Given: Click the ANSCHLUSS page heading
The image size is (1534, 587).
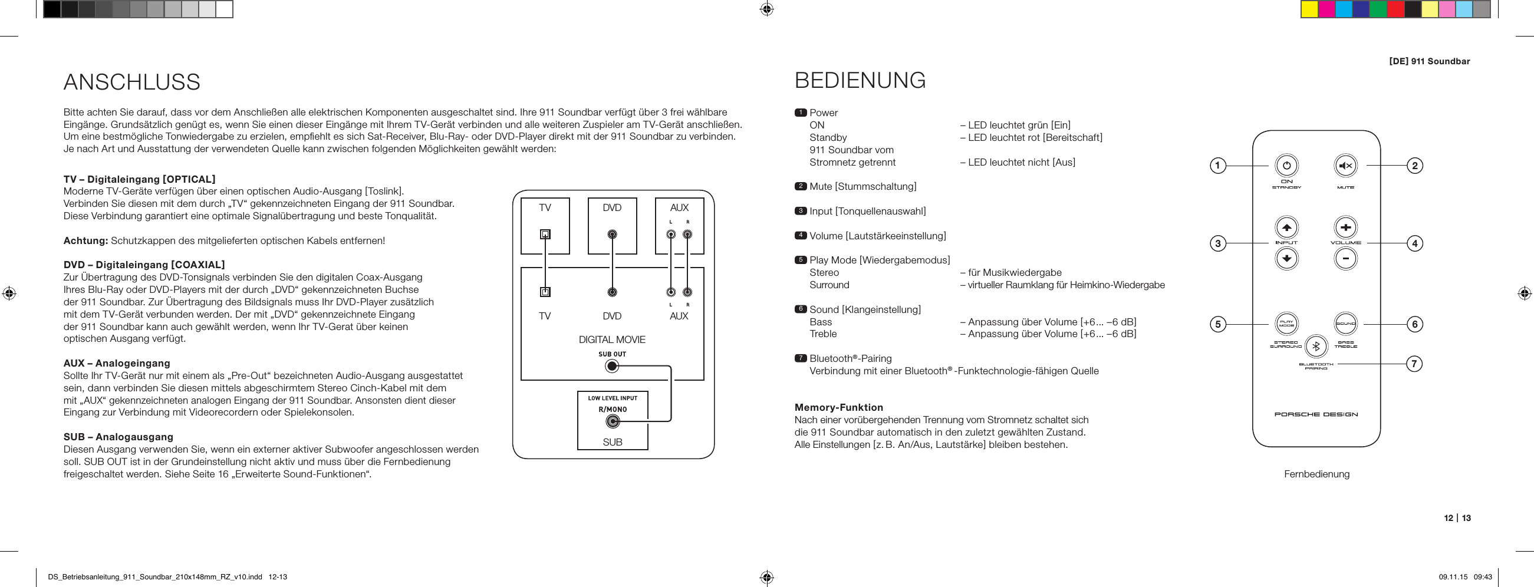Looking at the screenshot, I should pyautogui.click(x=131, y=82).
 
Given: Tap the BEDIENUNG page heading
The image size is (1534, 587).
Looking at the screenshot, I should pyautogui.click(x=860, y=80).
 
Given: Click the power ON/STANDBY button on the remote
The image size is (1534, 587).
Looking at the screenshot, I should pyautogui.click(x=1286, y=166).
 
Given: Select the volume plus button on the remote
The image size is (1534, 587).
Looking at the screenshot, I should pyautogui.click(x=1345, y=227).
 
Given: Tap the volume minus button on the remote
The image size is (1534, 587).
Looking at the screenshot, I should pyautogui.click(x=1345, y=258).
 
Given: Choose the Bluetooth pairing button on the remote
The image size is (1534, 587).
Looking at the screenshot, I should pyautogui.click(x=1316, y=346).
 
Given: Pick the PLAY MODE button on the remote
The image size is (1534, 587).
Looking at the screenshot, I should pyautogui.click(x=1286, y=324).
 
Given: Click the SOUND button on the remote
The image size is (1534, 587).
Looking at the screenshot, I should pyautogui.click(x=1345, y=324).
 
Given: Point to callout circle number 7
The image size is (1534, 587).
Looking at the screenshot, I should pyautogui.click(x=1414, y=363).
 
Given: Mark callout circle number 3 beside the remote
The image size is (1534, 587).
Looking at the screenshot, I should pyautogui.click(x=1218, y=243).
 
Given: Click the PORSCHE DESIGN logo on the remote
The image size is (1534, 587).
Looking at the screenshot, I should pyautogui.click(x=1316, y=414).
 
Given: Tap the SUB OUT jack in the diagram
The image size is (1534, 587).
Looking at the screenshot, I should pyautogui.click(x=611, y=366).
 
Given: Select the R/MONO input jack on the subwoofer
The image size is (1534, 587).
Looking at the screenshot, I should pyautogui.click(x=612, y=422).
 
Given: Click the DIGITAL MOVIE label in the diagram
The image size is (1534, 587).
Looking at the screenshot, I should pyautogui.click(x=611, y=339).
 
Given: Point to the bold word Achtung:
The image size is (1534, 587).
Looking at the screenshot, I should pyautogui.click(x=85, y=240).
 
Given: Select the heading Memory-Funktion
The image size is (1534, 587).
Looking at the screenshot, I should pyautogui.click(x=838, y=407).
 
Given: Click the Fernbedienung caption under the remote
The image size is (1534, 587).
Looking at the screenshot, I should pyautogui.click(x=1316, y=474).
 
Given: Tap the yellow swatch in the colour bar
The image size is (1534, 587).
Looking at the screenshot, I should pyautogui.click(x=1309, y=9).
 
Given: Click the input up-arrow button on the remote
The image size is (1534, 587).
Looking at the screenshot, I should pyautogui.click(x=1286, y=227).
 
